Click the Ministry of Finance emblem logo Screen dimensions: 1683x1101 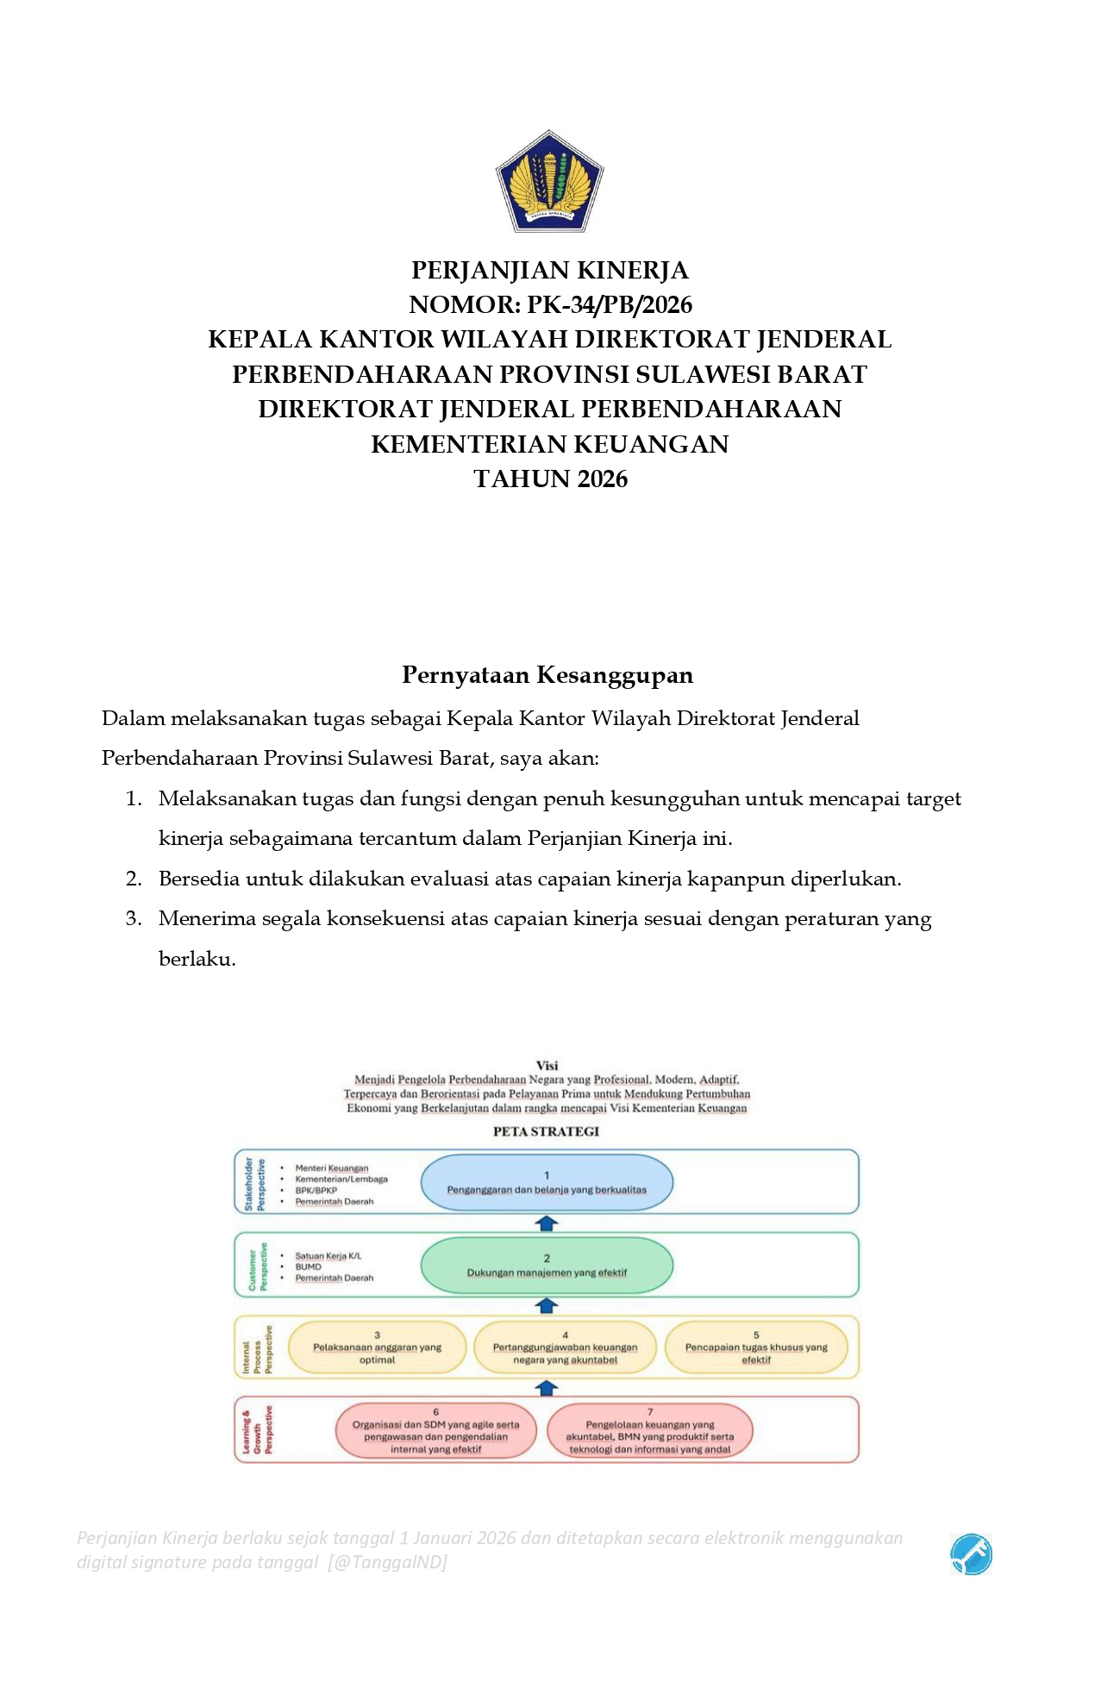(x=549, y=182)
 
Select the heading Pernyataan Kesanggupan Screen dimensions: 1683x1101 (x=547, y=674)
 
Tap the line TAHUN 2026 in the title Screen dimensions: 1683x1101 (x=550, y=479)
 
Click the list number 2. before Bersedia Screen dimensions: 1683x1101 (x=134, y=879)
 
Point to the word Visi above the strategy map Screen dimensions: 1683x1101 (x=547, y=1066)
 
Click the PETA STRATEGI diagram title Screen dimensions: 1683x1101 (x=546, y=1131)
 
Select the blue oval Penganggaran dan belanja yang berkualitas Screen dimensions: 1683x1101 (x=547, y=1182)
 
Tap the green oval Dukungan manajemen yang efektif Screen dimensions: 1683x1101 (x=547, y=1266)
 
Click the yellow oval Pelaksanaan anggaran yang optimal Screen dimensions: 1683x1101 (x=377, y=1348)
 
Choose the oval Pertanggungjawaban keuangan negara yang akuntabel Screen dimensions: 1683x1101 (x=565, y=1348)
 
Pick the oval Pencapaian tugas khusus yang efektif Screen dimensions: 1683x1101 (x=756, y=1348)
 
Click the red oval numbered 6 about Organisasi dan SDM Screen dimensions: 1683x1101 (x=435, y=1431)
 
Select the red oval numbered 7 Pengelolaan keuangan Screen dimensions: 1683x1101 (x=650, y=1431)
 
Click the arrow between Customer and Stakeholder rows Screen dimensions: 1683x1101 (x=547, y=1223)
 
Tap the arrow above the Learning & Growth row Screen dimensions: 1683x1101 (x=547, y=1388)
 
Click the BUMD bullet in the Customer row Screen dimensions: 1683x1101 (x=308, y=1267)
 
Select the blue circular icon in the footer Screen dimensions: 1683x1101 (x=971, y=1555)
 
